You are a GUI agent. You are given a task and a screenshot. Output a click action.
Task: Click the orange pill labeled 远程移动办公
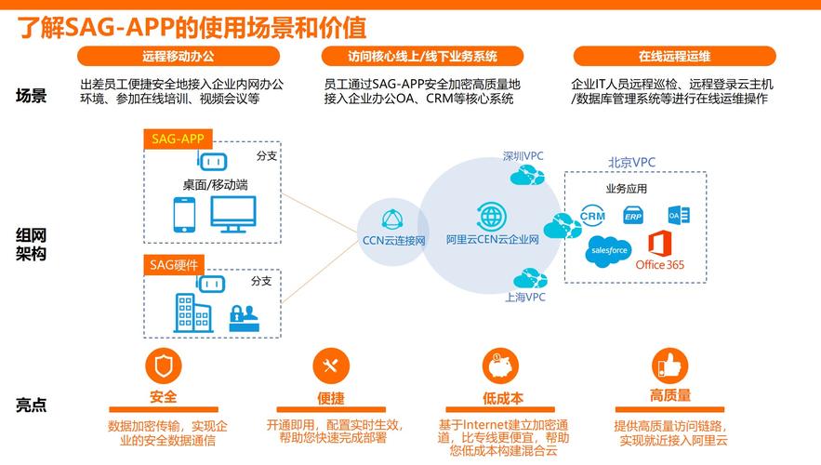point(179,56)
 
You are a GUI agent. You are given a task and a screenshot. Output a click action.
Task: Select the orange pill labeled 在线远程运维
point(674,56)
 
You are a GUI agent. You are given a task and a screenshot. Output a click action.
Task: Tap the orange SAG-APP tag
point(178,139)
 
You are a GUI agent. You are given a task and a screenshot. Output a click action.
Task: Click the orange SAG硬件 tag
point(174,265)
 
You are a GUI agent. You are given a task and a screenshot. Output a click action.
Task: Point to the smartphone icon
point(184,215)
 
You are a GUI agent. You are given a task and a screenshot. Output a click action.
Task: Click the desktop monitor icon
point(233,214)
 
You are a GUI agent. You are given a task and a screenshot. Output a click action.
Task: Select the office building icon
point(193,312)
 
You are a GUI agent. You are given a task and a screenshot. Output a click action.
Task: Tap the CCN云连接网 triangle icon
point(392,219)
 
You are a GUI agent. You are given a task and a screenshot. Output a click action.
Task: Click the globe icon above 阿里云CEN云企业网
point(491,215)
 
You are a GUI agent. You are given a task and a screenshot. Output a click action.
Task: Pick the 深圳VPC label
point(523,156)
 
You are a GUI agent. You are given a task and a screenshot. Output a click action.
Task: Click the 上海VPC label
point(525,298)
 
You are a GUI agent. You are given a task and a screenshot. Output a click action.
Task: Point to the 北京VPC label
point(631,163)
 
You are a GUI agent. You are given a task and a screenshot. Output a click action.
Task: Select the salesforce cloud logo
point(608,251)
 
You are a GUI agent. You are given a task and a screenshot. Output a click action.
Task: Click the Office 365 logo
point(660,250)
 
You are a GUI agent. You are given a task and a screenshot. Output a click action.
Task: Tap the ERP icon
point(633,216)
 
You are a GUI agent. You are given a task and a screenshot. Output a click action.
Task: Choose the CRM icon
point(592,216)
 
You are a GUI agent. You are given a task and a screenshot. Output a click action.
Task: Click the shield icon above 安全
point(164,365)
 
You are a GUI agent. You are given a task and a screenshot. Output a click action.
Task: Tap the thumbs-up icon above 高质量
point(670,365)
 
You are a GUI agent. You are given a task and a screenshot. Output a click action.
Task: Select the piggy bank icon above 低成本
point(500,365)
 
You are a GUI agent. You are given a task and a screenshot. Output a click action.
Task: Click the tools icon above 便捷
point(331,365)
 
